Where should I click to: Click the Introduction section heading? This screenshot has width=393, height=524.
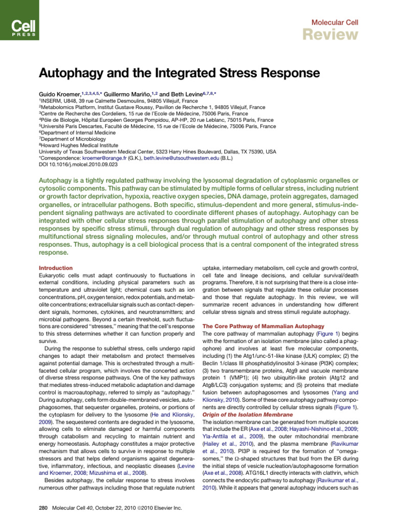click(x=56, y=268)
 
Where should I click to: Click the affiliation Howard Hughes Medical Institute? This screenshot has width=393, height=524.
click(x=77, y=145)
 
